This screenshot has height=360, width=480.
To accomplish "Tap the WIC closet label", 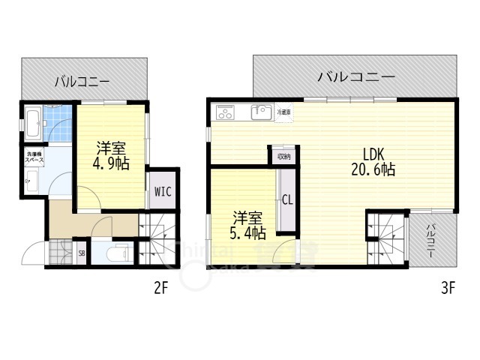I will [163, 191].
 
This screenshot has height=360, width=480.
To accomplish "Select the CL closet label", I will [286, 200].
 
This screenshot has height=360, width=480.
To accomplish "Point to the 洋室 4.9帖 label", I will [110, 154].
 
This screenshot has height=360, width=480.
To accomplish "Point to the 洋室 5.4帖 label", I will [247, 225].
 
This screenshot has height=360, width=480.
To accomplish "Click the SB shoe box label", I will [82, 253].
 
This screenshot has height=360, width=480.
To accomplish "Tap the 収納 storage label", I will [283, 157].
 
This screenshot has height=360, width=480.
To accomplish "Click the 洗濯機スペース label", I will [34, 157].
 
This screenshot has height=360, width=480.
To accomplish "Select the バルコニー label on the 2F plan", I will [82, 82].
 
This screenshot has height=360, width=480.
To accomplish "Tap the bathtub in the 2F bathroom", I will [34, 122].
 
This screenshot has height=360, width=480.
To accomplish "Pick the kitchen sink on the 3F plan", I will [260, 113].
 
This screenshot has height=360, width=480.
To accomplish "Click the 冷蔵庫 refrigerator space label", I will [284, 112].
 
